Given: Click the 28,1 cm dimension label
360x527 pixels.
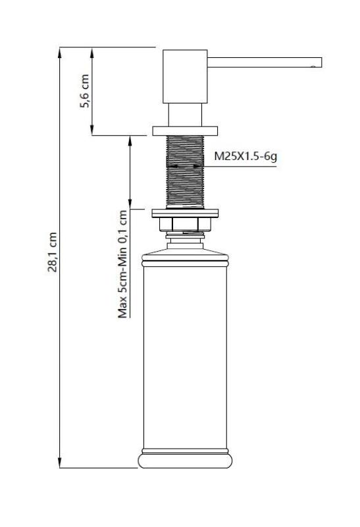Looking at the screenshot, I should [x=55, y=252].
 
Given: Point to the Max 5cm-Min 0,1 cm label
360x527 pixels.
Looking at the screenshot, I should [x=122, y=263].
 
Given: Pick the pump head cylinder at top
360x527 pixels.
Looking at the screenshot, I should [x=185, y=76].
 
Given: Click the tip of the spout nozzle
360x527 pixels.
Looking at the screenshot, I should [x=318, y=63].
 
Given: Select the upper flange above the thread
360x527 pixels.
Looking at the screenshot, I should [x=185, y=130].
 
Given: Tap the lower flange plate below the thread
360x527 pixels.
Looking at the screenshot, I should [x=185, y=213].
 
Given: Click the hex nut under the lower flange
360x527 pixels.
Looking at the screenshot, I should [x=185, y=225].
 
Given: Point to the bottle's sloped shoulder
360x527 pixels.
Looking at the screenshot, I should [x=185, y=253].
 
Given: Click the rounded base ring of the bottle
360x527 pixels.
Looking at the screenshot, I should [x=185, y=460].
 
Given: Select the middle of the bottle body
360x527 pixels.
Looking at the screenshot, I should [x=185, y=356].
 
